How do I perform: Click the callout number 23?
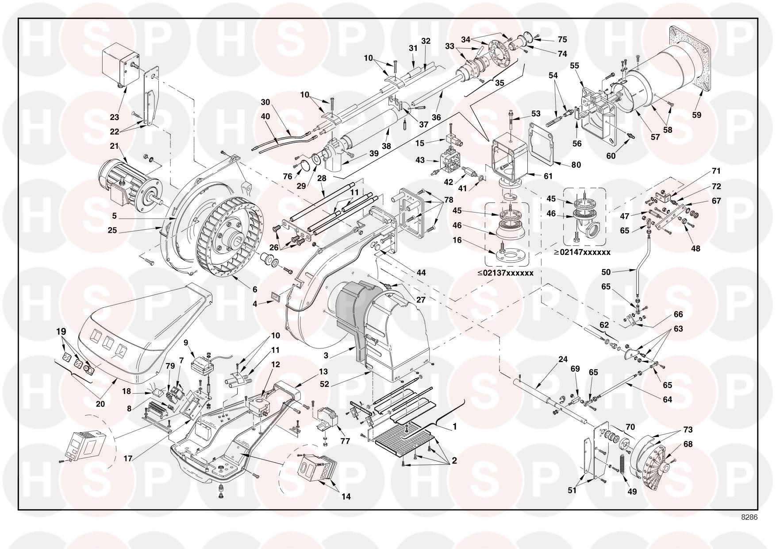(115, 117)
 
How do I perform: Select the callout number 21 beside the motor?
(115, 146)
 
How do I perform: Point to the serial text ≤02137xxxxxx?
(505, 273)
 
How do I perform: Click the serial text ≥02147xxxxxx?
(583, 252)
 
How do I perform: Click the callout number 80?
(576, 165)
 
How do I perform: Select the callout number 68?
(688, 444)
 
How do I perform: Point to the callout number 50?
(606, 272)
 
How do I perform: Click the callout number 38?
(386, 145)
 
